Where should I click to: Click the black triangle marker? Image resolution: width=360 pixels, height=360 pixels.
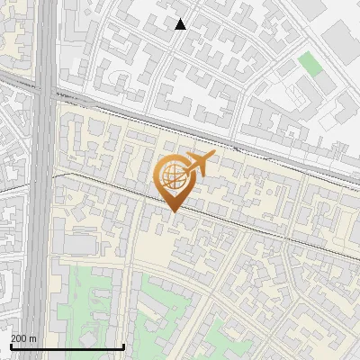click(x=181, y=24)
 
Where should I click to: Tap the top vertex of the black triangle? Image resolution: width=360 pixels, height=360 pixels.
click(x=181, y=19)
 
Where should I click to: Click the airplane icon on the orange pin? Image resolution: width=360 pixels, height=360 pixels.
click(x=200, y=163)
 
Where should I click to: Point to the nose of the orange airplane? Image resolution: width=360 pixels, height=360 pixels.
click(x=214, y=155)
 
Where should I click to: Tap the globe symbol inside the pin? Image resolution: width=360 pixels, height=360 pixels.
click(x=173, y=175)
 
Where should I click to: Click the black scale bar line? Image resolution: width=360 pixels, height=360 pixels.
click(x=67, y=347)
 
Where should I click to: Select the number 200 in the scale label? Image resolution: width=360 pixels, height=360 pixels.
click(x=20, y=338)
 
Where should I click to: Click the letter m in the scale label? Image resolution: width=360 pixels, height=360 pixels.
click(x=33, y=338)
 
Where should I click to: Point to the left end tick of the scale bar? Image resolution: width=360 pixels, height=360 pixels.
click(x=10, y=346)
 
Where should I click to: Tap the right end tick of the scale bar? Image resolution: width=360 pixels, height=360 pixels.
click(x=123, y=346)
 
